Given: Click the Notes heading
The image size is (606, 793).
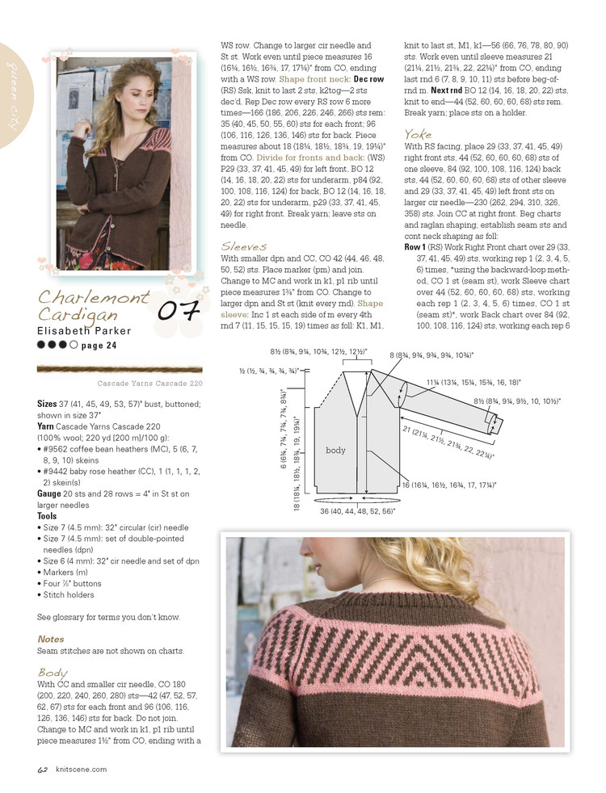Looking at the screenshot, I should (50, 639).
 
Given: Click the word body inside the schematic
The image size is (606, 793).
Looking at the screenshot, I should (336, 449).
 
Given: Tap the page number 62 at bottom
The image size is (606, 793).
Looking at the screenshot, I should (43, 770).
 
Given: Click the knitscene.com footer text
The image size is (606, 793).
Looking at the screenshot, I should (81, 770).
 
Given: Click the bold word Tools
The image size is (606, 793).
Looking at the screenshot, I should (47, 516).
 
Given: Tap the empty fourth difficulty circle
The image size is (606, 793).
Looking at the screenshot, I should (74, 345).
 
